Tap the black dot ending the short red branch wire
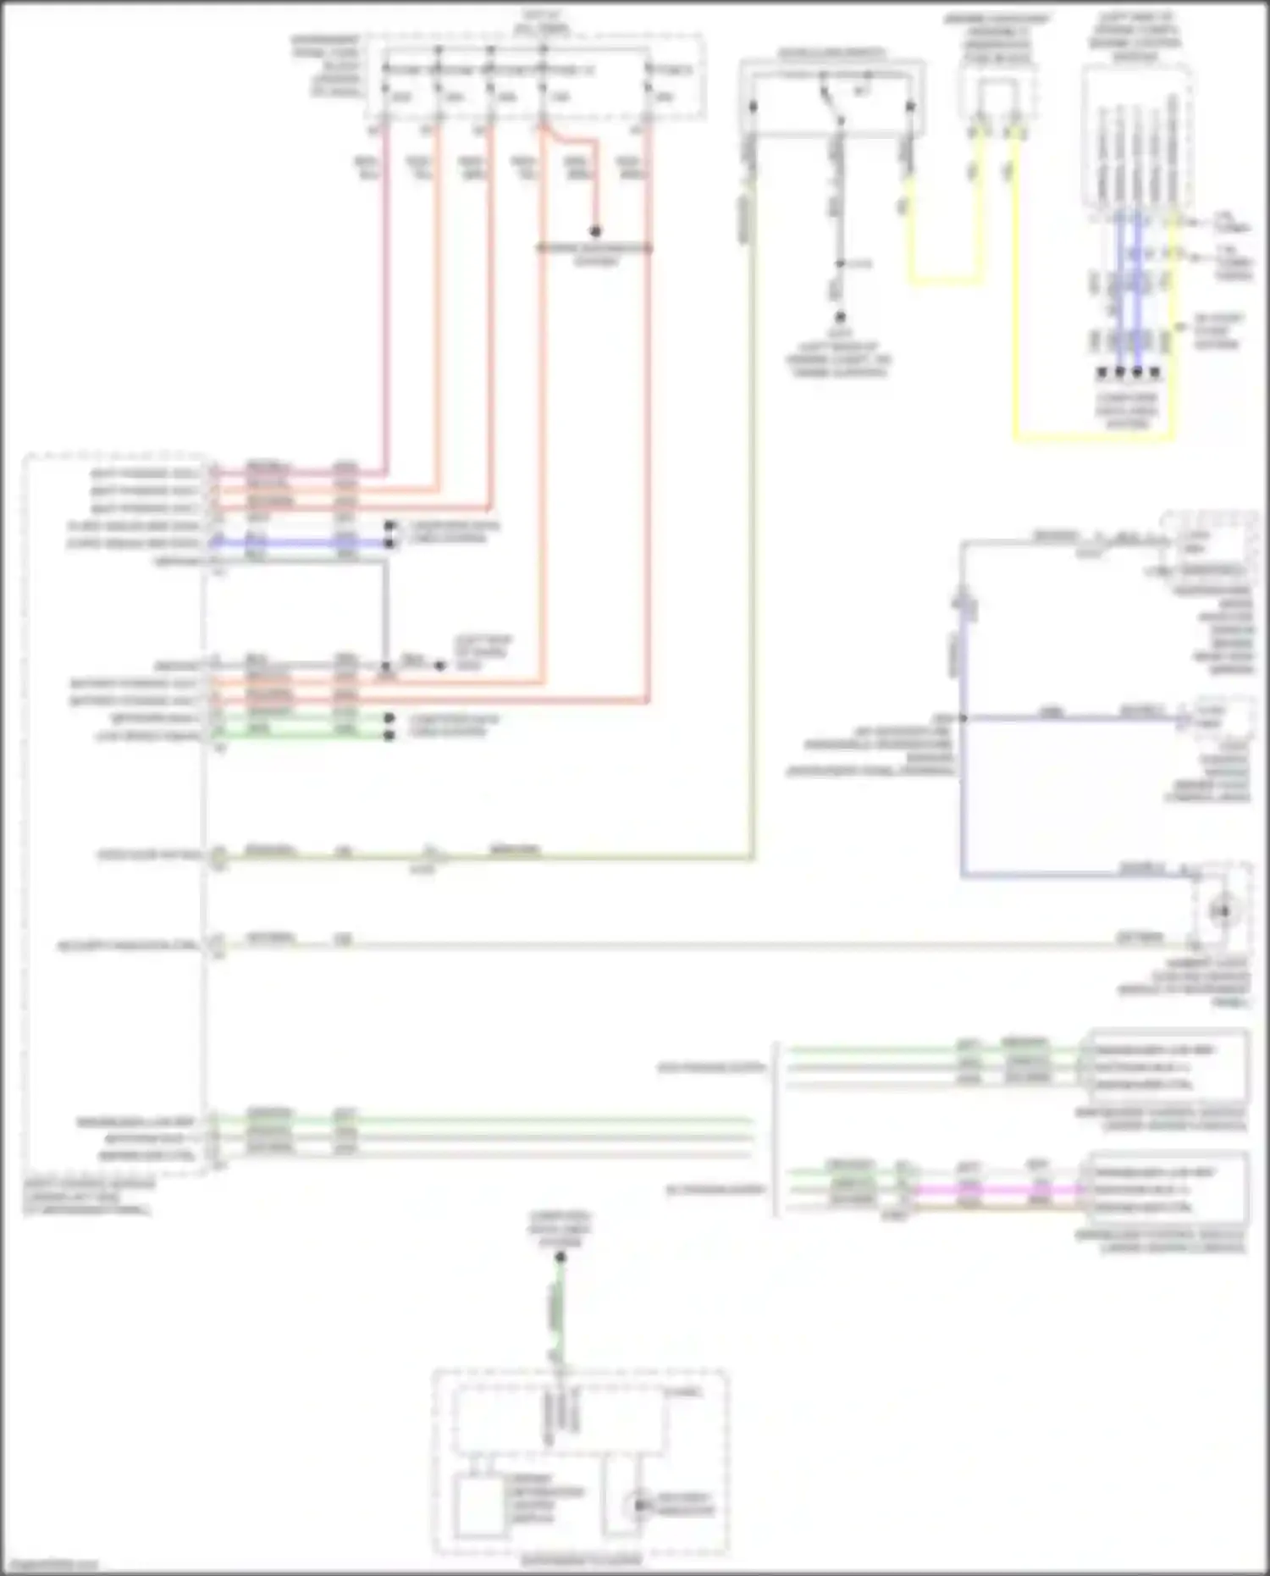tap(595, 231)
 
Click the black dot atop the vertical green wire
tap(560, 1257)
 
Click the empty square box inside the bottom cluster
tap(479, 1506)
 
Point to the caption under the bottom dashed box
tap(580, 1560)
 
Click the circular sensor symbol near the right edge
tap(1221, 911)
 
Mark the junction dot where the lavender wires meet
tap(963, 718)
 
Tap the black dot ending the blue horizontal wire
tap(389, 543)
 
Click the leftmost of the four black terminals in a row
tap(1102, 372)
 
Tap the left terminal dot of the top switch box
tap(753, 107)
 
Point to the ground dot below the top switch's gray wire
tap(840, 317)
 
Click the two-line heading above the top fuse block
tap(542, 22)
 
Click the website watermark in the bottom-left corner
tap(49, 1566)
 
